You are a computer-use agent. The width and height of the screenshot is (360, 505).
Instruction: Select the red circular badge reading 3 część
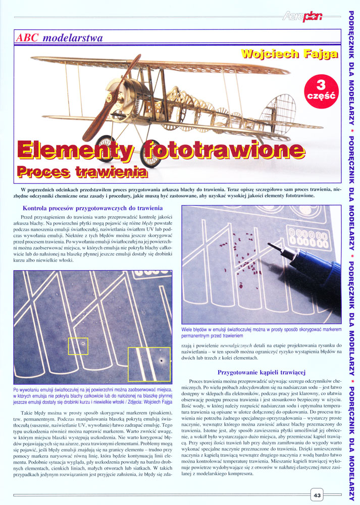322,89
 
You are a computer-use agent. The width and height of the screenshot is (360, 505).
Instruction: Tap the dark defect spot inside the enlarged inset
160,362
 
